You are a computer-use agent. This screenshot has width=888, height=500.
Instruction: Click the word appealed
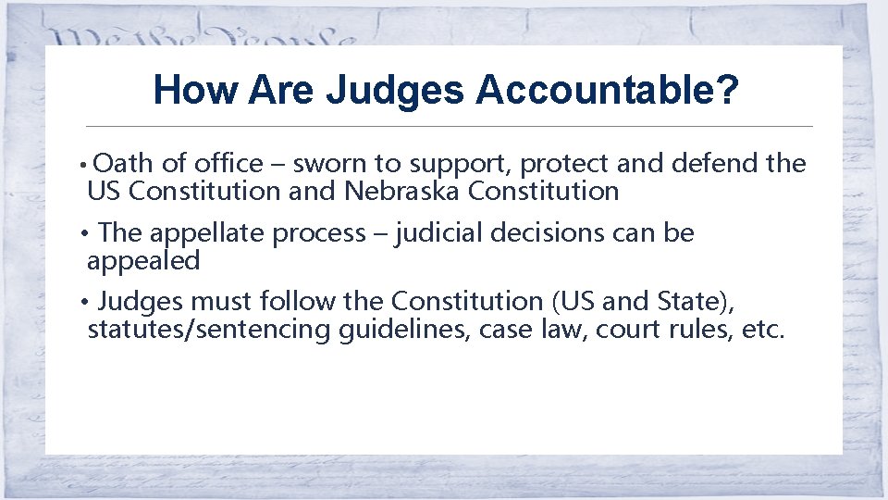(143, 261)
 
